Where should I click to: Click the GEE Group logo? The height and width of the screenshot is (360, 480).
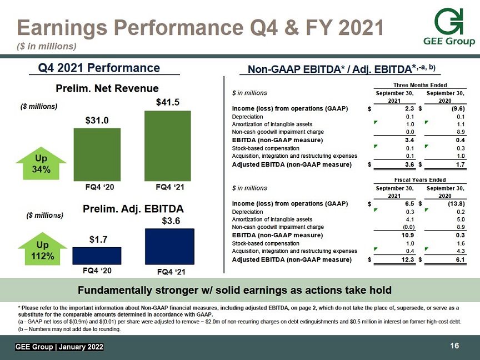point(449,27)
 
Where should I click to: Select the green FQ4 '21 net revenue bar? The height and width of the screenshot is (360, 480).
point(168,146)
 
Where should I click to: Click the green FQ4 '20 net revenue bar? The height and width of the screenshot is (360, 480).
point(97,154)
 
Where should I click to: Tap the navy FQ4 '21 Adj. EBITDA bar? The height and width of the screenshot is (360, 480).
point(169,247)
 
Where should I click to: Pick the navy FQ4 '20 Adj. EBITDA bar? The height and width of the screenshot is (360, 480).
point(97,256)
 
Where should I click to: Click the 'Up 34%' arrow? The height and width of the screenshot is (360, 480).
point(41,163)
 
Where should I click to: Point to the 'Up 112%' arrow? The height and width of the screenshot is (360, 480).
point(43,249)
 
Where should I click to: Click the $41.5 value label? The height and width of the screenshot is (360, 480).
point(168,102)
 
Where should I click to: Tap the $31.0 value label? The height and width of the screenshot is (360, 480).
point(97,121)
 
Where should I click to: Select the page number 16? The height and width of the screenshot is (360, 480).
point(454,346)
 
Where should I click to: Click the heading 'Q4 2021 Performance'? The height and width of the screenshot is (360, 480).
point(99,68)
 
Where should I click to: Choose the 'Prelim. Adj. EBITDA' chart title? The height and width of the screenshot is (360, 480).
point(133,209)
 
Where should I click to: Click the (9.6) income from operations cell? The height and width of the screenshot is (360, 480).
point(458,109)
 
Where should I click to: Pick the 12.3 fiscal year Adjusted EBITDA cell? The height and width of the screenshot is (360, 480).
point(407,259)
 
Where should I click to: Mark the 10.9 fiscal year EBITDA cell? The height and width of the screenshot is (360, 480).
point(408,235)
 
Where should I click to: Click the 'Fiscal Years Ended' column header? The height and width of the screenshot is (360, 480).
point(420,179)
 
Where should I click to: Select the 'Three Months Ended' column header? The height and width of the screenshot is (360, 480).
point(420,85)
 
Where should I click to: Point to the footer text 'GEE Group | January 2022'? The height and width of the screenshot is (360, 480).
point(59,347)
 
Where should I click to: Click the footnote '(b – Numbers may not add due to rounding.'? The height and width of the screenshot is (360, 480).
point(69,329)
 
